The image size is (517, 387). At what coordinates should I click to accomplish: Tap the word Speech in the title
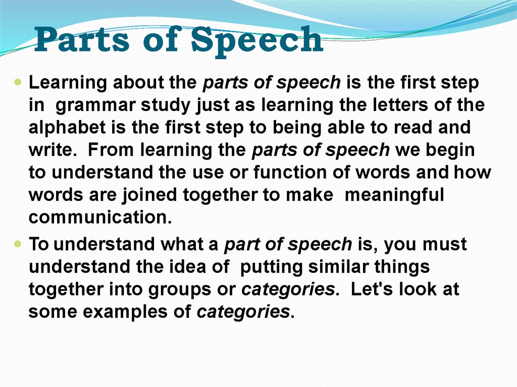[256, 40]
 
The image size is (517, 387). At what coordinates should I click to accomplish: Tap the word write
[49, 150]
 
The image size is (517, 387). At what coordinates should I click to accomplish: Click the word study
[165, 105]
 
